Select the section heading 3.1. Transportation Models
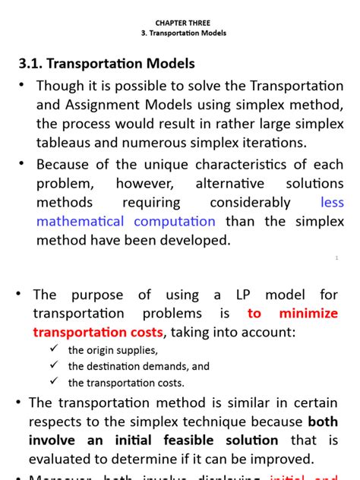point(106,64)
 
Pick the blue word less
point(332,203)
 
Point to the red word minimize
point(308,314)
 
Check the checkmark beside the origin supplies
point(54,349)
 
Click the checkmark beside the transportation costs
point(54,381)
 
